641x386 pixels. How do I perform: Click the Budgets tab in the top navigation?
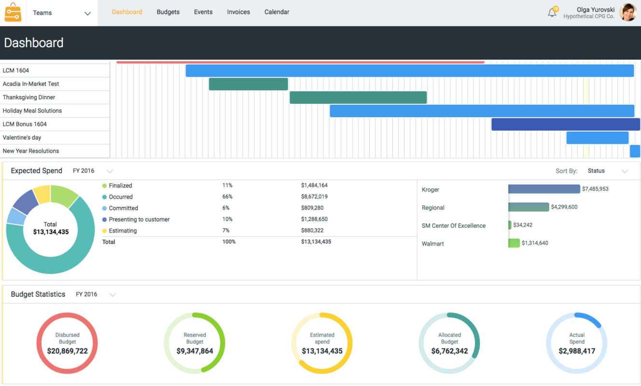168,12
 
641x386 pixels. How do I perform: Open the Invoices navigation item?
238,12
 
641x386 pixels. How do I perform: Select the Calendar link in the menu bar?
276,12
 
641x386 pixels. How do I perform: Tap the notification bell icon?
552,13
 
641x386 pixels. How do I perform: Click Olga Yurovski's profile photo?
627,13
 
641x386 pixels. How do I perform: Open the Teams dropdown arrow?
87,14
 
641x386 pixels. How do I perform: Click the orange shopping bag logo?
13,13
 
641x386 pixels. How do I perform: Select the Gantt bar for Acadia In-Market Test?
248,84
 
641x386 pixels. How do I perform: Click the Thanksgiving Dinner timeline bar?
358,97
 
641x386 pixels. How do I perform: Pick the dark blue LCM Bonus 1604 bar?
565,124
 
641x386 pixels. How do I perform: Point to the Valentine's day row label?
22,138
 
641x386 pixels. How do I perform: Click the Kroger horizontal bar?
544,189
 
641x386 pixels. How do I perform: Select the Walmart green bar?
514,243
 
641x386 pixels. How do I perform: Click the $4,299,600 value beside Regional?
564,207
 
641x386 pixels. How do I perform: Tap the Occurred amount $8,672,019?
314,197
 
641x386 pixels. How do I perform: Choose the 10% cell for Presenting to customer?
227,219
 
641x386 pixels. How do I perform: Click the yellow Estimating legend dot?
104,231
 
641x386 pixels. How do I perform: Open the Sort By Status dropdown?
607,171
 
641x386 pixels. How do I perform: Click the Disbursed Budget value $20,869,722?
68,351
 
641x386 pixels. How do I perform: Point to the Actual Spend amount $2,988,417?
576,351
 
